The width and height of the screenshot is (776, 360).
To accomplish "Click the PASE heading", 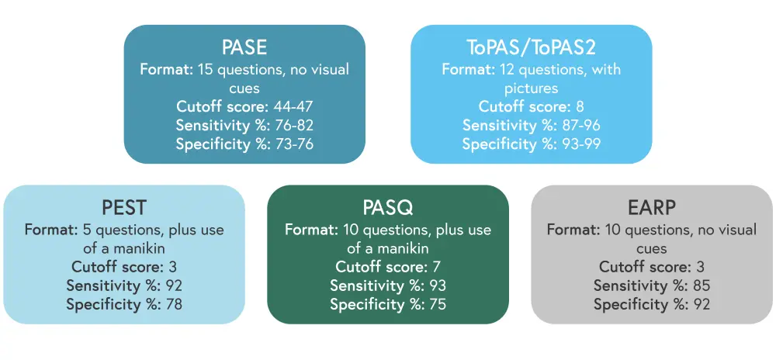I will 244,47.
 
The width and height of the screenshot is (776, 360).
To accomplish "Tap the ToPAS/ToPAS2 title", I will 531,47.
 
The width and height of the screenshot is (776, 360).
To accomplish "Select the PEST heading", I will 124,208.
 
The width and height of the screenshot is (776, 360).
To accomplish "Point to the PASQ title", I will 387,208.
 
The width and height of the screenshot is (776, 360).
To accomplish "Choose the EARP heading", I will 652,208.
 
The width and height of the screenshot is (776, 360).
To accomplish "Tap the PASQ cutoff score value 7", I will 435,267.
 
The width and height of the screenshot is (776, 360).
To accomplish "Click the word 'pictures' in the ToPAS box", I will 531,88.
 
